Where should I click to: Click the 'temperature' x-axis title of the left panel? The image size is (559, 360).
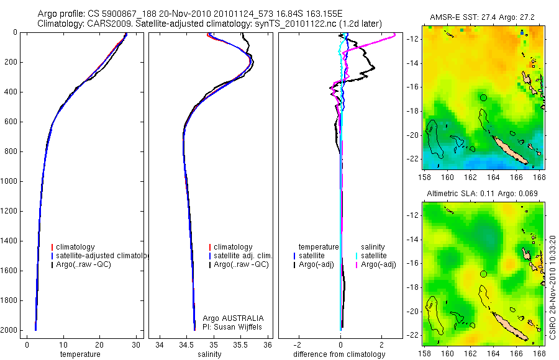80,354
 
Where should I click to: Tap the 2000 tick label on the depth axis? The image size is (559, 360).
10,330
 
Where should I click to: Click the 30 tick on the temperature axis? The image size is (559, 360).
135,344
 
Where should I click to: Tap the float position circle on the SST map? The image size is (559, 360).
483,97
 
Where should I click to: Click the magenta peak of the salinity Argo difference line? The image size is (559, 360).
394,37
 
